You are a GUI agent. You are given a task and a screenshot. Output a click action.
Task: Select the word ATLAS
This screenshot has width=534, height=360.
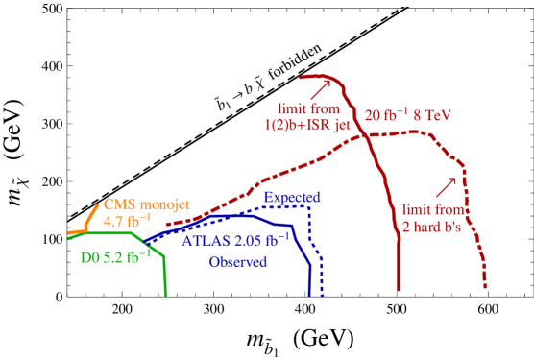pos(206,240)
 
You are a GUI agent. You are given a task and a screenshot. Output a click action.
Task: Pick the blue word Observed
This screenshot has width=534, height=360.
pos(238,261)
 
